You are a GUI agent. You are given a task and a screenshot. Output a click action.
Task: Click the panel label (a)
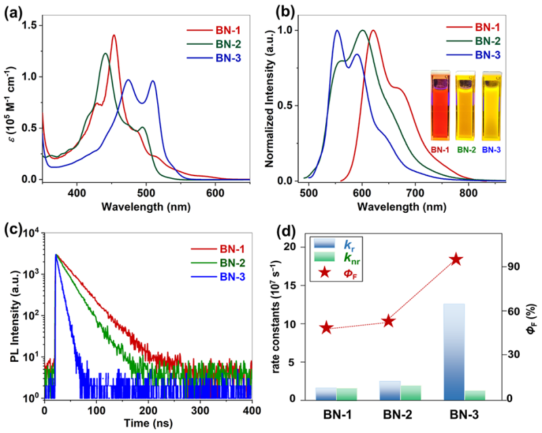[15, 13]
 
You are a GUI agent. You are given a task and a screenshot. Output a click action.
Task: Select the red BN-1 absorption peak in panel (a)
[113, 36]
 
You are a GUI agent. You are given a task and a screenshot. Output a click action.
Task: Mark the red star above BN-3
[456, 260]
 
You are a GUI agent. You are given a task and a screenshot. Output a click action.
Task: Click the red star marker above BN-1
[326, 327]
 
